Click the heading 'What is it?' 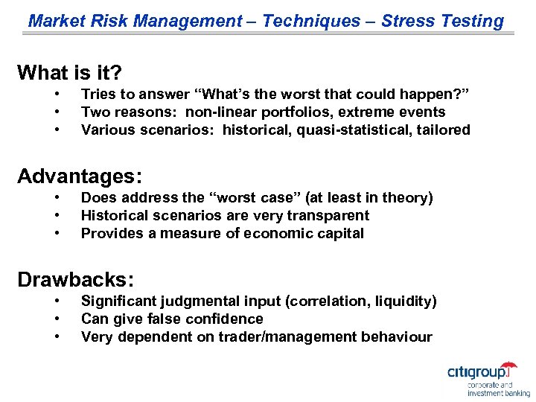click(x=69, y=73)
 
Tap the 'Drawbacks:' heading click(x=75, y=280)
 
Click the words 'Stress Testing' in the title click(x=442, y=21)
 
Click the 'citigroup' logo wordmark click(x=481, y=371)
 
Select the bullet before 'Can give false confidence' click(x=57, y=319)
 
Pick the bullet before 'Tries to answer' click(x=57, y=94)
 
